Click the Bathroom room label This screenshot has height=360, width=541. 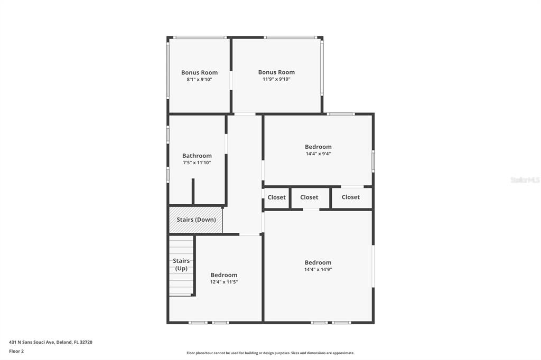(x=197, y=156)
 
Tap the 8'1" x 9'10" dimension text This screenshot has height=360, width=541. (x=199, y=79)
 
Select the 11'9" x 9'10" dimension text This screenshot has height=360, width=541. (x=276, y=79)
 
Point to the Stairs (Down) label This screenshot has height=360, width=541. (x=197, y=220)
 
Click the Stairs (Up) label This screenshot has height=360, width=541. (x=181, y=264)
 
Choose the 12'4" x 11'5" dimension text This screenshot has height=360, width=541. (x=224, y=282)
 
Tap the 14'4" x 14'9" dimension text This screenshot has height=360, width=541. (x=318, y=269)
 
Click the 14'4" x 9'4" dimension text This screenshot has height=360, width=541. (x=318, y=154)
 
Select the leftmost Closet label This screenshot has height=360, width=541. (x=277, y=197)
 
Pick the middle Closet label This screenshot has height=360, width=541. (x=309, y=197)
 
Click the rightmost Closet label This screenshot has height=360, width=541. (x=351, y=197)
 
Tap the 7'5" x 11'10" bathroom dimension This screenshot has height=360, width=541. (x=197, y=163)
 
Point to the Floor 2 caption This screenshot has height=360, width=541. (x=16, y=352)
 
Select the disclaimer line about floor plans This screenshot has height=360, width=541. (x=270, y=353)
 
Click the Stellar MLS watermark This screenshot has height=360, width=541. (x=525, y=180)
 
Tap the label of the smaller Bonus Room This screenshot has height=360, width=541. (x=199, y=72)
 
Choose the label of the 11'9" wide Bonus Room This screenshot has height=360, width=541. (x=276, y=72)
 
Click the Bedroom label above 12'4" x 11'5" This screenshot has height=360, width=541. (x=224, y=275)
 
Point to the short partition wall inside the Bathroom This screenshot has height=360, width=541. (x=193, y=192)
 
